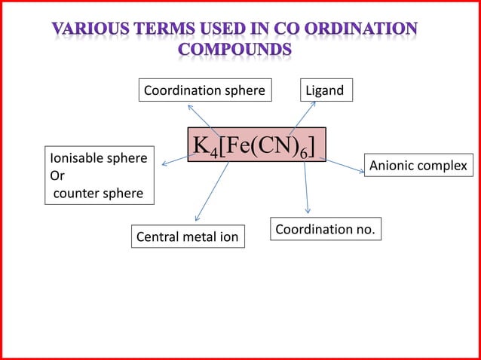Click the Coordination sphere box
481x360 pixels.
(204, 91)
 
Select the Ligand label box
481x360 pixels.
(324, 91)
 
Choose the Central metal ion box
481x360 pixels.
(187, 238)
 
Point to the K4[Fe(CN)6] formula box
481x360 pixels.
(256, 145)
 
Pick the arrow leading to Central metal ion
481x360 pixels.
(213, 191)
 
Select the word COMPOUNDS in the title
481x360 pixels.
(235, 50)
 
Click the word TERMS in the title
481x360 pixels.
(168, 29)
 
